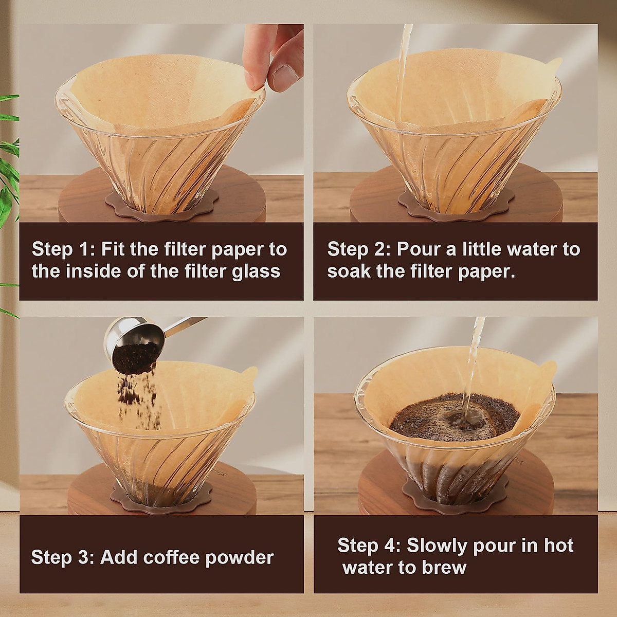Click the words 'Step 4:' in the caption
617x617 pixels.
tap(369, 545)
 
